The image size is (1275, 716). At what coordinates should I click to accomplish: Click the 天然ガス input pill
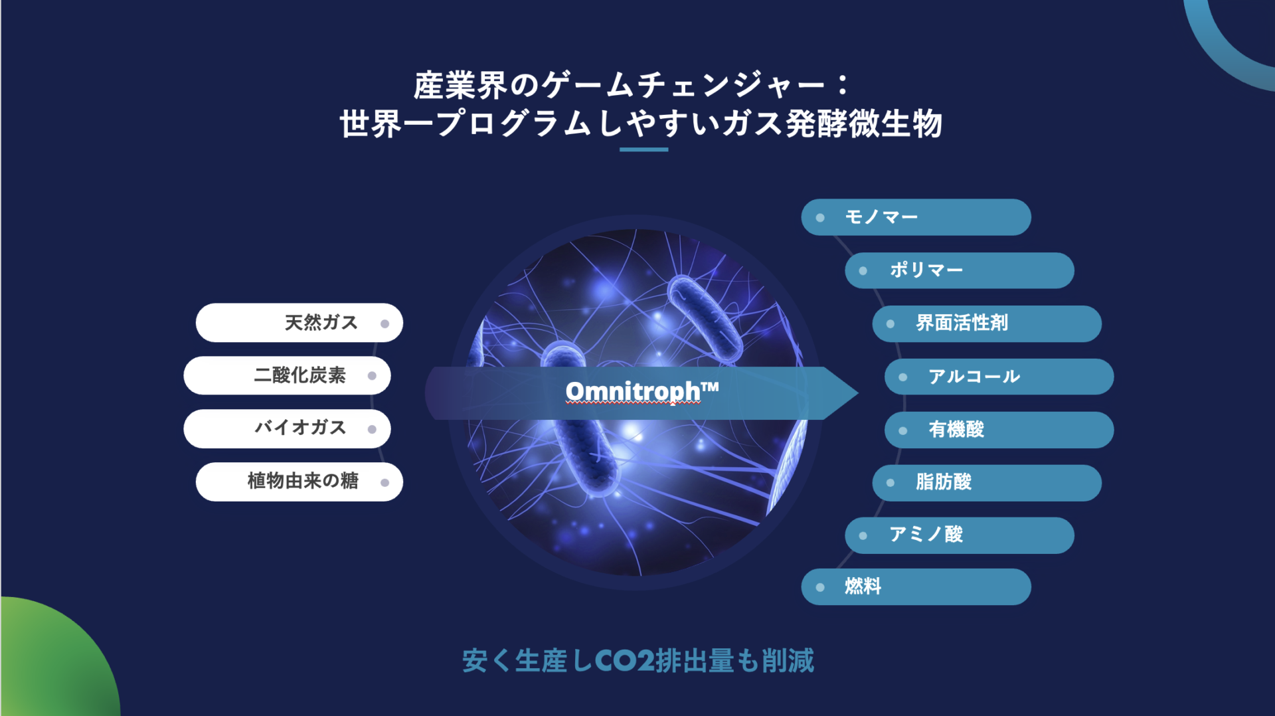[x=299, y=323]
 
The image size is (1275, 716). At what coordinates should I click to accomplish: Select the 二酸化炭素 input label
[x=299, y=375]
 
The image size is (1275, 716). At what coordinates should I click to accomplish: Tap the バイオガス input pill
[x=287, y=428]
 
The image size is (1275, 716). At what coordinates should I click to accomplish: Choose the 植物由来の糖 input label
[x=303, y=480]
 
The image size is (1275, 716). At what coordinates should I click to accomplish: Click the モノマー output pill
[x=916, y=217]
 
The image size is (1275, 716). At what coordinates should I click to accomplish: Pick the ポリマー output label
[x=926, y=270]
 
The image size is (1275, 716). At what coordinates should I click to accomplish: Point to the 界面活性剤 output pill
[x=987, y=323]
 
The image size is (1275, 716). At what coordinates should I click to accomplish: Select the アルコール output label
[x=974, y=377]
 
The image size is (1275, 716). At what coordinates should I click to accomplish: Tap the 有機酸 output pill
[x=999, y=430]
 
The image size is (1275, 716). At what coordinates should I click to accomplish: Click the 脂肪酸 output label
[x=944, y=482]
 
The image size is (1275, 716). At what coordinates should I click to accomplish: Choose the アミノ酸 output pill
[x=960, y=535]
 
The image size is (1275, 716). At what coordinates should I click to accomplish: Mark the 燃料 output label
[x=863, y=586]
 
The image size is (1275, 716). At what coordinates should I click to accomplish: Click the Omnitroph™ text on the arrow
[x=642, y=391]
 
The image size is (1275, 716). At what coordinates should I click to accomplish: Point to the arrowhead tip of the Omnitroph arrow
[x=858, y=393]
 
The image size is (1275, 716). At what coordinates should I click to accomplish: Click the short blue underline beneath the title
[x=643, y=149]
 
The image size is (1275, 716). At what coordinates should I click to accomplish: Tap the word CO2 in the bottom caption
[x=625, y=661]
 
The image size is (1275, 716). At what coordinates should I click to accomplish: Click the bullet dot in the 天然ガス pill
[x=384, y=323]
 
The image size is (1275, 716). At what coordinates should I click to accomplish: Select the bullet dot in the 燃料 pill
[x=820, y=587]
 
